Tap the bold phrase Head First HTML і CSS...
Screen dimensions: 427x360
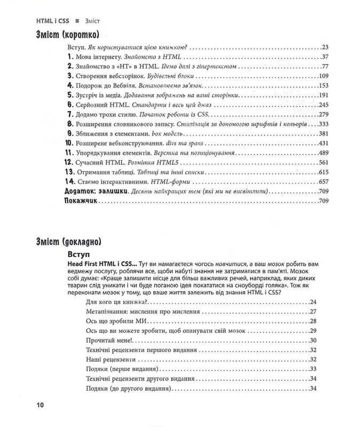(101, 265)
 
